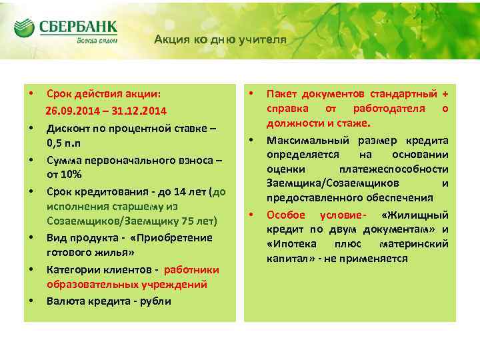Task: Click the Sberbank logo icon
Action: coord(24,28)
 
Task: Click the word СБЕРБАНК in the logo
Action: coord(78,27)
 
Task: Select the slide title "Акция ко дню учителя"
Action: coord(220,39)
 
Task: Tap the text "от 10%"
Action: coord(64,174)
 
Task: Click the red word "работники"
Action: coord(191,269)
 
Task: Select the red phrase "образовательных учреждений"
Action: coord(127,285)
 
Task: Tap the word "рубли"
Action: coord(155,301)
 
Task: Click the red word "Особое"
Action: coord(286,215)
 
